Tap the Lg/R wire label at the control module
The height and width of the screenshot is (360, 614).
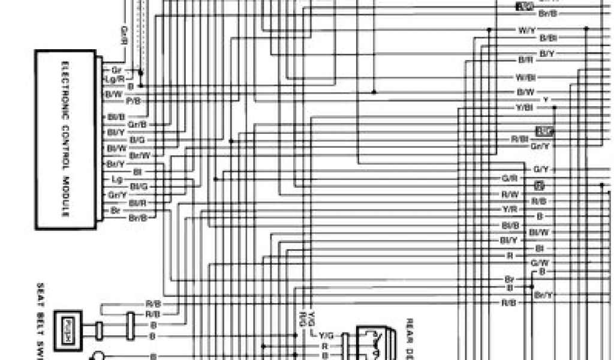pyautogui.click(x=114, y=79)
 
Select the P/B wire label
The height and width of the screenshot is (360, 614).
pyautogui.click(x=133, y=101)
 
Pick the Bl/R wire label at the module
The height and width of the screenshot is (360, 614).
pyautogui.click(x=138, y=203)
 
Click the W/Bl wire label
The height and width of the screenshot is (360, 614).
pyautogui.click(x=526, y=77)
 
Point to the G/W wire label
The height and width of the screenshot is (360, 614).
pyautogui.click(x=539, y=263)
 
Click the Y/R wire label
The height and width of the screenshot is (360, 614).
pyautogui.click(x=510, y=209)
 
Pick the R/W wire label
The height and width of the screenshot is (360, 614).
pyautogui.click(x=510, y=194)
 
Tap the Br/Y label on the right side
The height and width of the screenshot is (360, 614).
pyautogui.click(x=543, y=295)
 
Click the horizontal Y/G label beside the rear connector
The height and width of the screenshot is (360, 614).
pyautogui.click(x=327, y=335)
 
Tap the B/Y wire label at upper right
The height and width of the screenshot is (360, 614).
pyautogui.click(x=547, y=54)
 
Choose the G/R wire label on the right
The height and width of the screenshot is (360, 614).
pyautogui.click(x=510, y=178)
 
